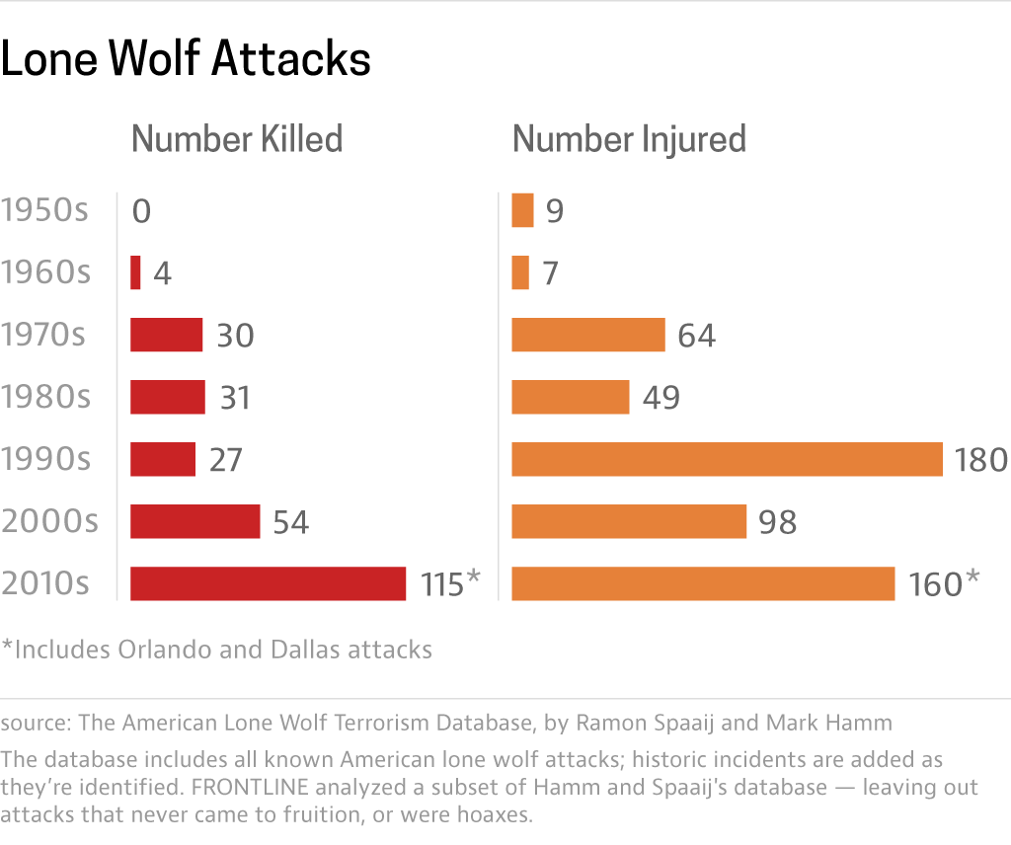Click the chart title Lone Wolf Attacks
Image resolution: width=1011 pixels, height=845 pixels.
(x=186, y=60)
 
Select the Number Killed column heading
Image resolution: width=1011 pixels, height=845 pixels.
(x=237, y=139)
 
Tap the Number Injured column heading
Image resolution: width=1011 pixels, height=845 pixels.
(x=629, y=139)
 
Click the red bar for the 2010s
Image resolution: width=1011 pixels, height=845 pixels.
(x=268, y=583)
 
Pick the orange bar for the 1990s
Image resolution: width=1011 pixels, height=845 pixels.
(x=727, y=459)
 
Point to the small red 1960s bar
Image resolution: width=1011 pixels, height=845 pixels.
(x=135, y=273)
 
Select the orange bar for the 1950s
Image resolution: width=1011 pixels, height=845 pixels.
(x=522, y=211)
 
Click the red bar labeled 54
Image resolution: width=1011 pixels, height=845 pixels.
(x=194, y=521)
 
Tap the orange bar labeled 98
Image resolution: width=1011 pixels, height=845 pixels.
(x=628, y=521)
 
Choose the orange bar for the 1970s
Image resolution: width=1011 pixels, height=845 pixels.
(x=587, y=335)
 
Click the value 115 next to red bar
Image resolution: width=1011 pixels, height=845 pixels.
(x=440, y=584)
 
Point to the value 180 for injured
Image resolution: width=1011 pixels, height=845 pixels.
(x=980, y=460)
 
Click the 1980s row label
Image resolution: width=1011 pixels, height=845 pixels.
(x=45, y=397)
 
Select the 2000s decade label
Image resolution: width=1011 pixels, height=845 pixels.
(x=49, y=521)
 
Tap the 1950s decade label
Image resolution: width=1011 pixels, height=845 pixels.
(x=45, y=211)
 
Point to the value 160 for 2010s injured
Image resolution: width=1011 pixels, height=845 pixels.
(x=934, y=584)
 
